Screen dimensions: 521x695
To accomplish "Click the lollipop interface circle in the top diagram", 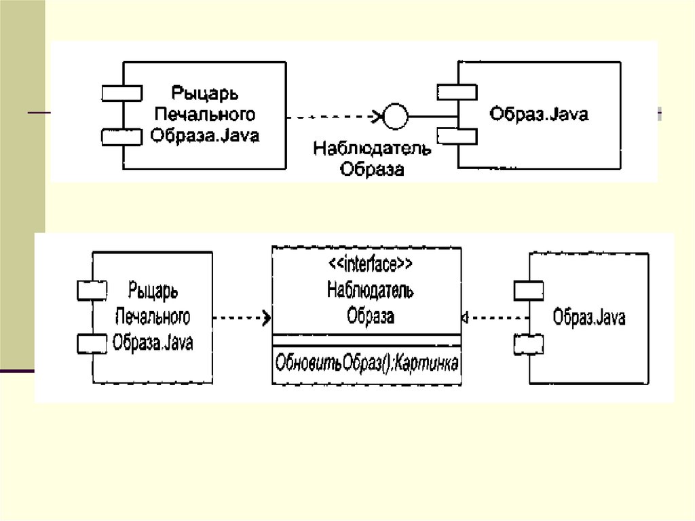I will pyautogui.click(x=395, y=116).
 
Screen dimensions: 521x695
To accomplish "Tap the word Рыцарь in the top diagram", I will pyautogui.click(x=204, y=92).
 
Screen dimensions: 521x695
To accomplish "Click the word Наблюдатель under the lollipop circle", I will pyautogui.click(x=371, y=148).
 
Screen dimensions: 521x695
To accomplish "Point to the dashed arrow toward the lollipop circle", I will pyautogui.click(x=333, y=117).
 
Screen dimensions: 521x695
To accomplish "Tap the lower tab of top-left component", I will pyautogui.click(x=121, y=137).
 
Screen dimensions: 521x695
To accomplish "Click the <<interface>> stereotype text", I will pyautogui.click(x=367, y=263).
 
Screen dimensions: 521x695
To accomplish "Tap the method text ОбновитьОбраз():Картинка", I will pyautogui.click(x=367, y=363).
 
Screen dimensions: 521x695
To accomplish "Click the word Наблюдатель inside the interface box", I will pyautogui.click(x=370, y=291).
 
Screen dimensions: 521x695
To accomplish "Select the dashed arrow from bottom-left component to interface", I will pyautogui.click(x=242, y=317).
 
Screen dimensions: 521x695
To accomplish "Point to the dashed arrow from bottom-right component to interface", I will pyautogui.click(x=495, y=317).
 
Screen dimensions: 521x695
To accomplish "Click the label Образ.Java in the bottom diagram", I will pyautogui.click(x=589, y=317).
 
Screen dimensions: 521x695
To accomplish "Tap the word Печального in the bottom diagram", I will pyautogui.click(x=153, y=317).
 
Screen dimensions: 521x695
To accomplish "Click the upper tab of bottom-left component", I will pyautogui.click(x=92, y=291).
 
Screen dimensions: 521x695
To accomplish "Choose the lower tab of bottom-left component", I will pyautogui.click(x=92, y=344).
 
